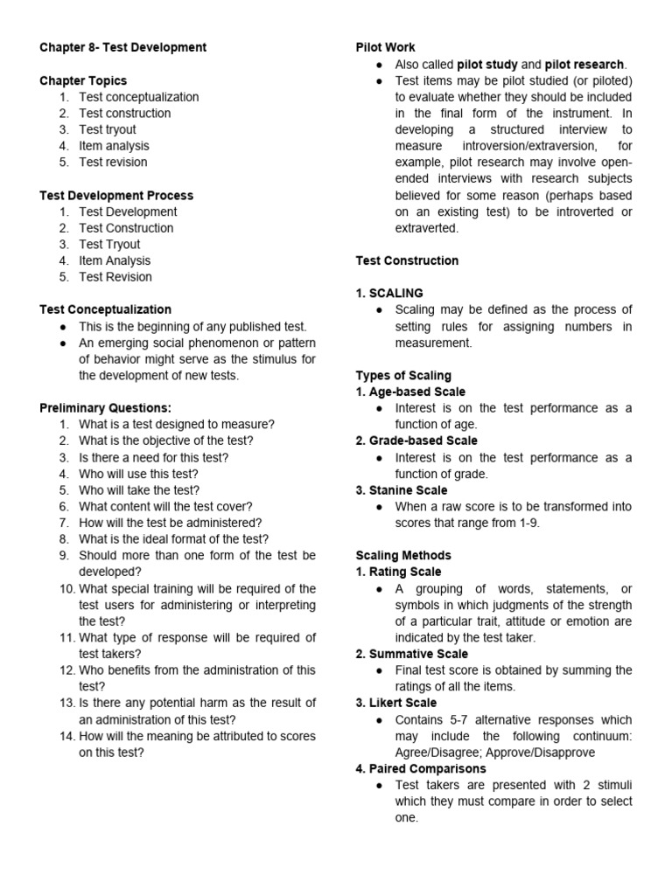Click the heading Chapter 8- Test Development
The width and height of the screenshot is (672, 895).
coord(122,47)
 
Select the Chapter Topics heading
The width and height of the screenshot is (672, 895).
coord(83,80)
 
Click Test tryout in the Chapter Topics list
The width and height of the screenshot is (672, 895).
coord(108,129)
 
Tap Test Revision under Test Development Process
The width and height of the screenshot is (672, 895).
coord(115,277)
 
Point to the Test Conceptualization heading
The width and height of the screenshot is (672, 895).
coord(105,309)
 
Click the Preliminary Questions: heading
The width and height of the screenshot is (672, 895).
coord(105,408)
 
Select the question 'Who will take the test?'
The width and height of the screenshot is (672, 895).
coord(139,490)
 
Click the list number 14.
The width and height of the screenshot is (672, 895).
coord(67,736)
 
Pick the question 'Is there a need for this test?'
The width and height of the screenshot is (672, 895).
coord(154,457)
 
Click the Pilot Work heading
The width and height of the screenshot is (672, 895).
coord(385,47)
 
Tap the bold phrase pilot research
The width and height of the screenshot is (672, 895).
coord(584,64)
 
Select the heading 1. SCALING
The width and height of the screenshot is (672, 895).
coord(389,294)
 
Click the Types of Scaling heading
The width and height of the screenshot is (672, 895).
coord(403,376)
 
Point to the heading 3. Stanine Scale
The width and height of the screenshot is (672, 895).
coord(401,490)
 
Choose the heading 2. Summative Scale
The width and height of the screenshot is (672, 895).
coord(411,654)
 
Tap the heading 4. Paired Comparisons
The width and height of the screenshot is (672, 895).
coord(420,769)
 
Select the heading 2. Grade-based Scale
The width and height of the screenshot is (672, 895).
coord(416,441)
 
